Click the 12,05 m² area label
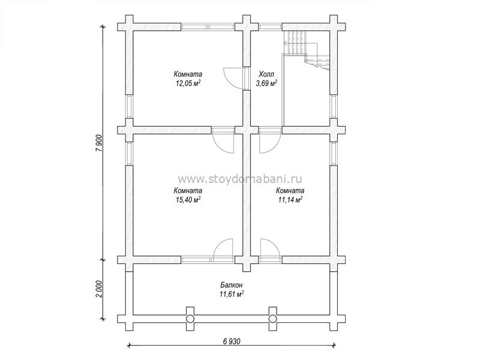click(x=188, y=83)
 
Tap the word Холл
click(x=266, y=74)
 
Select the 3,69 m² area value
click(x=266, y=83)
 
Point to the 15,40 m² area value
click(x=188, y=200)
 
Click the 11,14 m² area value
click(x=290, y=200)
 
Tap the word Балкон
click(x=232, y=285)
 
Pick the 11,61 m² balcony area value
click(x=232, y=294)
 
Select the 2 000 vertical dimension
click(x=98, y=289)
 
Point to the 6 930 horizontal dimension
click(x=231, y=341)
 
